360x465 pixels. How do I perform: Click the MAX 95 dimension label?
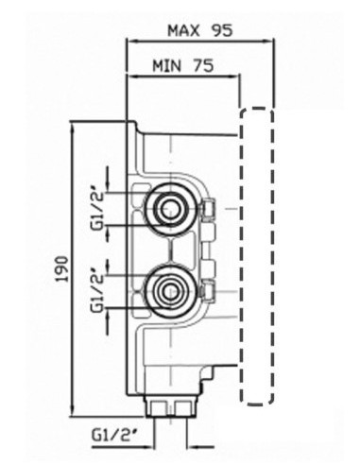coord(200,30)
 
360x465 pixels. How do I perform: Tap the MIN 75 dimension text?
coord(183,65)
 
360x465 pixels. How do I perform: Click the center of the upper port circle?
coord(170,209)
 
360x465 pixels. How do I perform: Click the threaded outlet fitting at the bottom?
coord(170,406)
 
